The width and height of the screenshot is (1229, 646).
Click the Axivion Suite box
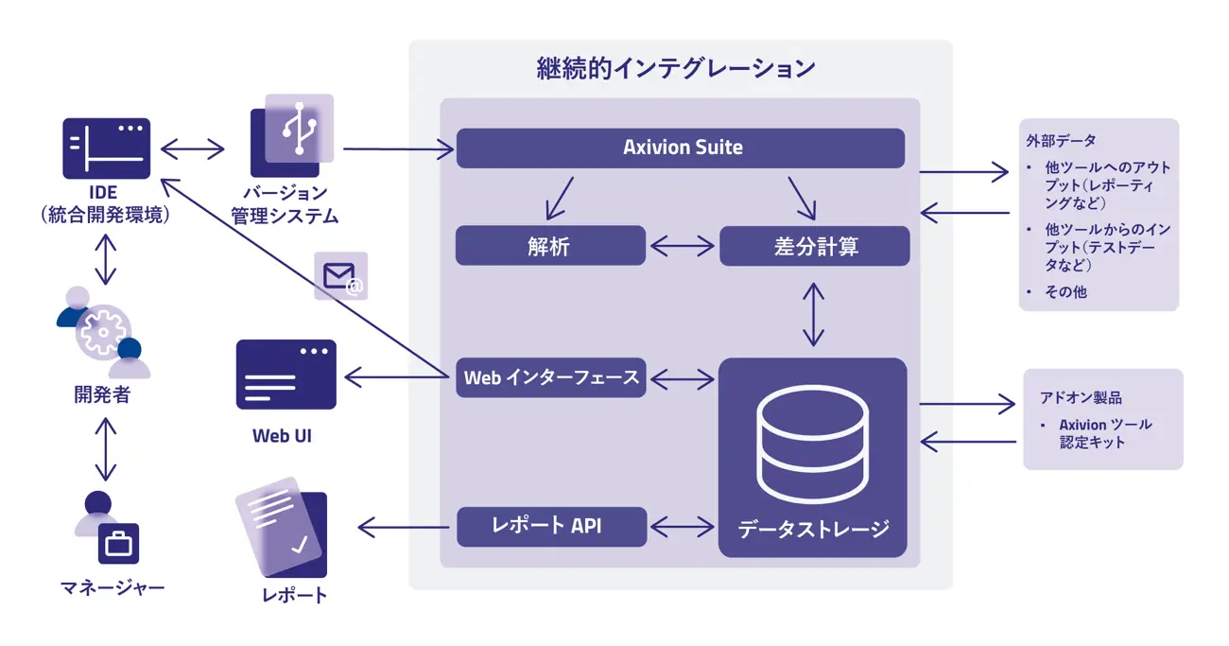681,148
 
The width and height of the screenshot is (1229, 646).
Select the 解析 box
550,246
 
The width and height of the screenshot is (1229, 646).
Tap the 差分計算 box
815,246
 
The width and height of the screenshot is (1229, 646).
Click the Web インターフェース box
551,377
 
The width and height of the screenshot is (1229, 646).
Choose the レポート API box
551,526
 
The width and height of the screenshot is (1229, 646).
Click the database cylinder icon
813,444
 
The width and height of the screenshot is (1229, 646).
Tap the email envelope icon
340,276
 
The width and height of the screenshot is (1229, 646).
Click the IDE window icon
107,148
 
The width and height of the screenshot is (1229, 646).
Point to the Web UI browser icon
286,375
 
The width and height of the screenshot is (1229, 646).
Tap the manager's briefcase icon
118,543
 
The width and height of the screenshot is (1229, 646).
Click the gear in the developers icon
103,332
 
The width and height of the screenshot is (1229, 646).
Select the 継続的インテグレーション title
676,69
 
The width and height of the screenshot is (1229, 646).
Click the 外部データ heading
1061,141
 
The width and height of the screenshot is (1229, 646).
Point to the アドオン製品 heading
1081,397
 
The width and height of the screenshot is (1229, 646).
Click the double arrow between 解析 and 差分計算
682,246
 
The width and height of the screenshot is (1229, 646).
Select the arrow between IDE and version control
193,148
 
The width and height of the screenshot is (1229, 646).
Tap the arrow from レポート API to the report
404,527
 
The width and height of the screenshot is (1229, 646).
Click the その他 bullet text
1065,291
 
